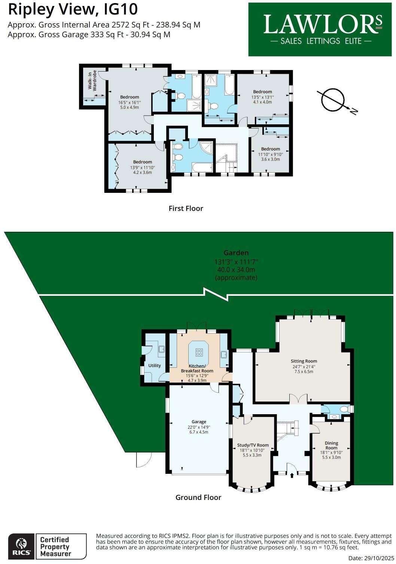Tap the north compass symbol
[x=332, y=100]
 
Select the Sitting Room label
[x=304, y=366]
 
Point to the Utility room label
[x=155, y=366]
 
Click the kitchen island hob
[x=199, y=352]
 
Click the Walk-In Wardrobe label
[x=92, y=81]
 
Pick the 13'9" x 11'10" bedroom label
[x=142, y=167]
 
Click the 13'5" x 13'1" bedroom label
[x=262, y=97]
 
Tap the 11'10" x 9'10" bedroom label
[x=270, y=154]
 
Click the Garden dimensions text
[x=236, y=266]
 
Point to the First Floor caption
[x=186, y=209]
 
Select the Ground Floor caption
[x=198, y=497]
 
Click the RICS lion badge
[x=21, y=546]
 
